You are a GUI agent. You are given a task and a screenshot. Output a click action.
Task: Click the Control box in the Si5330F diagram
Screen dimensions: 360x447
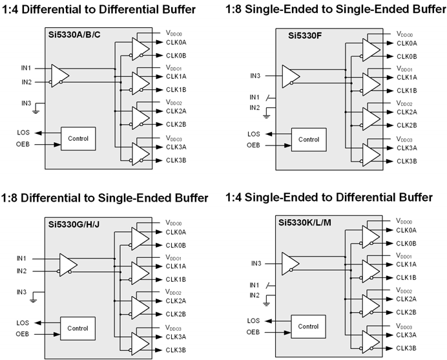point(309,140)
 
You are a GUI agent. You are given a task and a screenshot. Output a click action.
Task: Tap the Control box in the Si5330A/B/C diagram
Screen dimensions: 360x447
point(78,138)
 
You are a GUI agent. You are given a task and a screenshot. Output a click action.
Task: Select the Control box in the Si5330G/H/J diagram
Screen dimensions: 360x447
point(78,328)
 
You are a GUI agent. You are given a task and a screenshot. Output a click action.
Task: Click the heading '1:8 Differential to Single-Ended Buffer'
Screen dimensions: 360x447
point(105,197)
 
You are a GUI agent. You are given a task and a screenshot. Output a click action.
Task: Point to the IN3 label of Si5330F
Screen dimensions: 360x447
point(256,76)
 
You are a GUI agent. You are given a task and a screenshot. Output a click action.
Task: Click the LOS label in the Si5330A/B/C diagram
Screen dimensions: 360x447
point(23,132)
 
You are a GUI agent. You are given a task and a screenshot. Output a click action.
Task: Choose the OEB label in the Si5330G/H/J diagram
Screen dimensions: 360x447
point(23,334)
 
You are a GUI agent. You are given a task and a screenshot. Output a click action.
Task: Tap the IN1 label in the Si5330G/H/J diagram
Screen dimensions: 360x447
point(22,259)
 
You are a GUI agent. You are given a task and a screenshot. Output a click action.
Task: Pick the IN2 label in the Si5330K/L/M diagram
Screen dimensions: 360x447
point(255,295)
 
